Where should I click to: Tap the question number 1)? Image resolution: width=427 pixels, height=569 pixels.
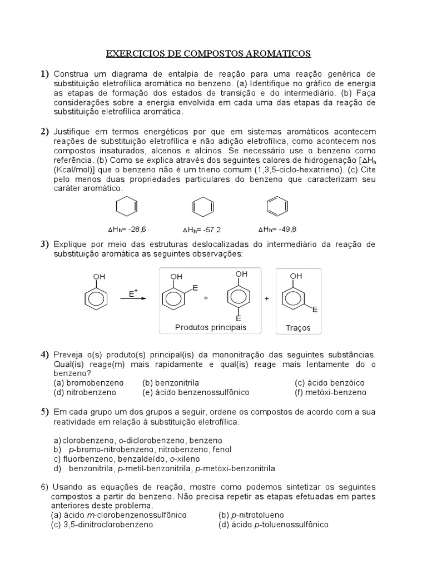tap(44, 74)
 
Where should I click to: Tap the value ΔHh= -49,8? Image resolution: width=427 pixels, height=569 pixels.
tap(277, 228)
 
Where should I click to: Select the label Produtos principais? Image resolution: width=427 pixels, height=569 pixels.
tap(210, 327)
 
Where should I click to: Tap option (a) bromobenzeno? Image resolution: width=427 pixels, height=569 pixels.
tap(88, 383)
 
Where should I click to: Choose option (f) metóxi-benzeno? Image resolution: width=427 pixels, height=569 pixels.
tap(330, 392)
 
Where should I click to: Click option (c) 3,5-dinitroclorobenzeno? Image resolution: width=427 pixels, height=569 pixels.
tap(102, 524)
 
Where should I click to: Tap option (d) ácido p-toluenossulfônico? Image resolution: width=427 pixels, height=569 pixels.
tap(273, 524)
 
